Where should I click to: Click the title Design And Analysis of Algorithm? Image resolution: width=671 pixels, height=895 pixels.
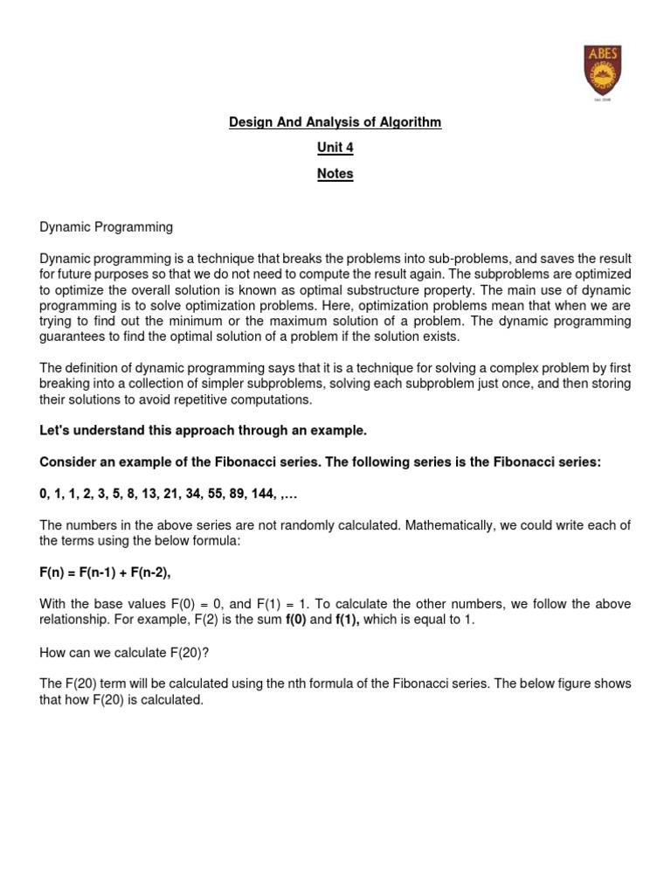coord(335,122)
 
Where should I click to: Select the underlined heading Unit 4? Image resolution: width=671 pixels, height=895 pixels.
coord(335,148)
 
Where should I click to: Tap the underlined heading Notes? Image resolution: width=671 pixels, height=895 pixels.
coord(335,173)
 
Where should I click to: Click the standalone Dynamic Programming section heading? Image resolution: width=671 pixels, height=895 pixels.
coord(106,227)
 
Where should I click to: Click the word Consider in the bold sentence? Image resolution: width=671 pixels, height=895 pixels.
coord(66,462)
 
